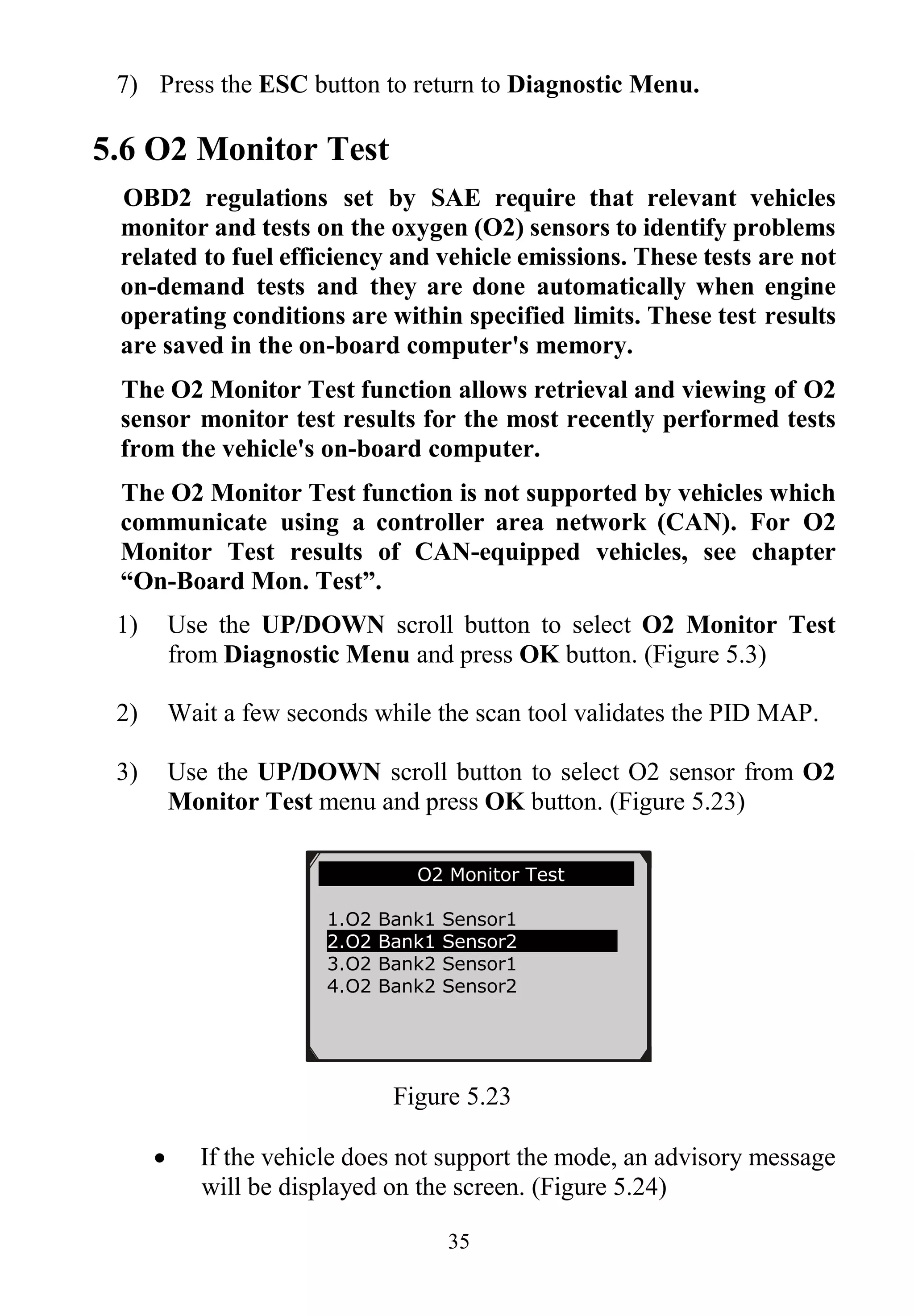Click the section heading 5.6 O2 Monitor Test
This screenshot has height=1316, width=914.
(241, 150)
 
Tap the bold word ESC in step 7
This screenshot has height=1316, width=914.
(283, 85)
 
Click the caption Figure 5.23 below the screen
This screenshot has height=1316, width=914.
(451, 1097)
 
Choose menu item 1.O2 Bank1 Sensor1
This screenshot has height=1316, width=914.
(421, 920)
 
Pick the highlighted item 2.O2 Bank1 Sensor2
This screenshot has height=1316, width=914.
(421, 942)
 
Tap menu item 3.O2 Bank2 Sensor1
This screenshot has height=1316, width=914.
(421, 964)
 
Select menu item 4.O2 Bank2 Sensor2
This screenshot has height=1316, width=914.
(421, 987)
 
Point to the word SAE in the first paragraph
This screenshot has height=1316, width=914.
(456, 199)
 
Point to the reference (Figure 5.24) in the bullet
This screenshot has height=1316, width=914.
(599, 1187)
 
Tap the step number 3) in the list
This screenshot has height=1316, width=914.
(127, 772)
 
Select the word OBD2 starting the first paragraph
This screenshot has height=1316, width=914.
(157, 199)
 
